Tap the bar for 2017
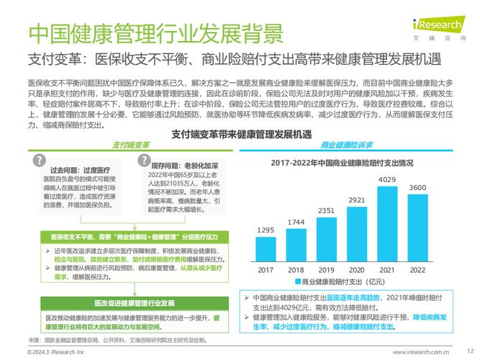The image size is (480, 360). [266, 249]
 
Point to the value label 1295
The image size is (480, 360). [266, 230]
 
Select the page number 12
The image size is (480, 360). [460, 351]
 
